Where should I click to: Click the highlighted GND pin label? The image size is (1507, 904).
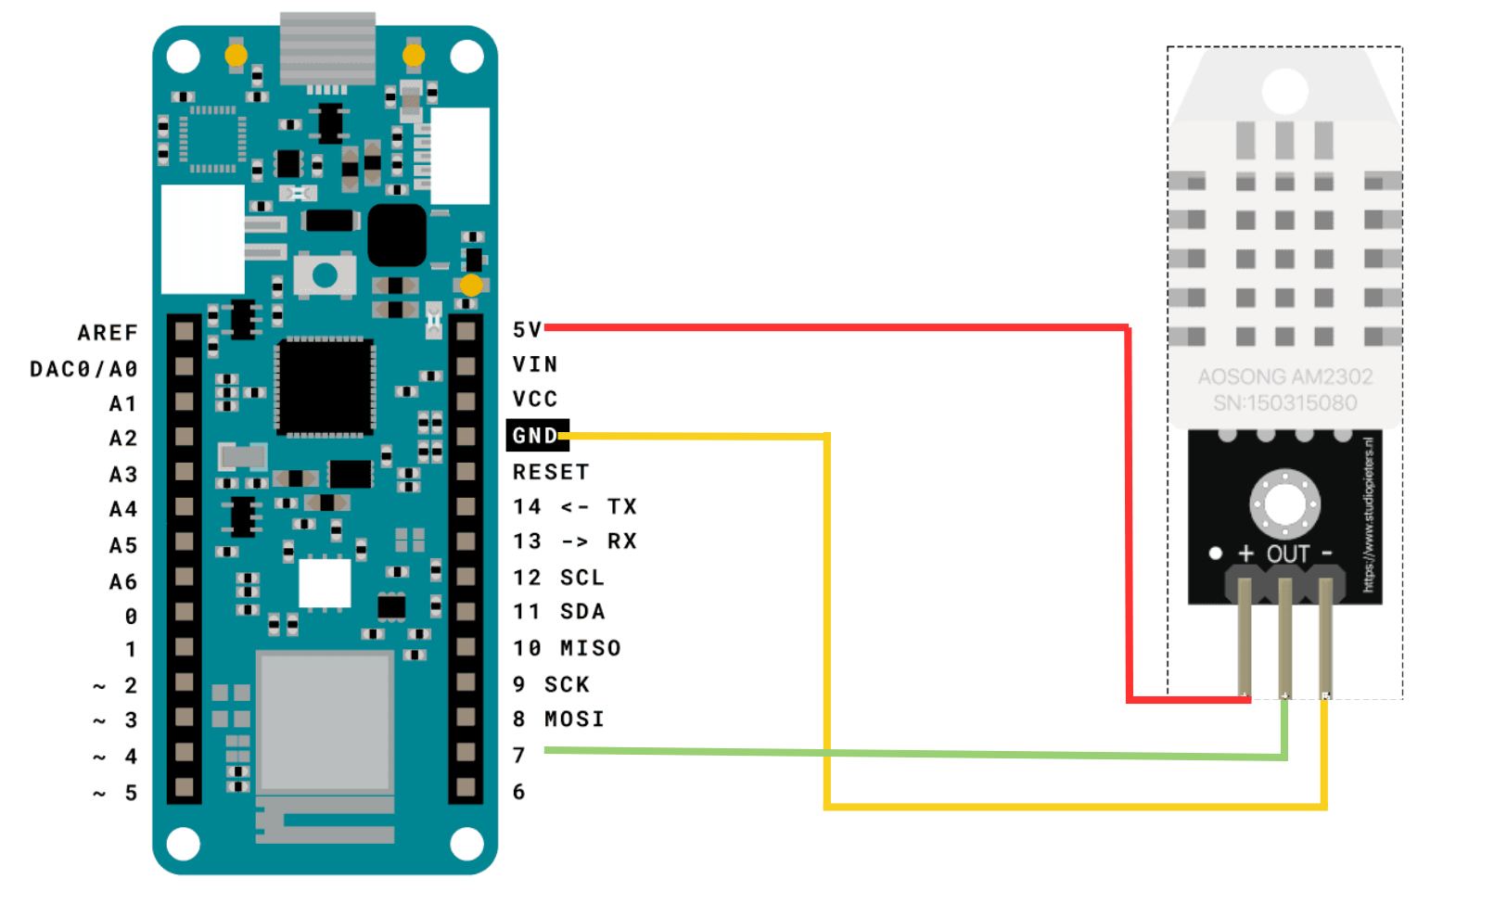click(x=536, y=436)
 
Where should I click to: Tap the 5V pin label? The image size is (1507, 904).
click(x=527, y=329)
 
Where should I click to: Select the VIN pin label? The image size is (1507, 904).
click(x=535, y=364)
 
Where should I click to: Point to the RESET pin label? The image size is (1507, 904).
click(x=551, y=472)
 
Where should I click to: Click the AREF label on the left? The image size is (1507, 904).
click(x=108, y=333)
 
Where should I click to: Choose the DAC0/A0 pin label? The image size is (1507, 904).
click(x=83, y=369)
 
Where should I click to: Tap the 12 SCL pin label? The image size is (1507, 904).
click(x=558, y=578)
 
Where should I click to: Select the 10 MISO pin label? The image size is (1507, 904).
click(x=567, y=648)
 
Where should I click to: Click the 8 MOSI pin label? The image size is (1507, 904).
click(x=558, y=719)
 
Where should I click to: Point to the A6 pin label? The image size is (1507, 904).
click(x=123, y=582)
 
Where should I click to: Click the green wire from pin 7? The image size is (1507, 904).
click(x=927, y=754)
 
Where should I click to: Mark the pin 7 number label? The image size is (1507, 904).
click(x=519, y=756)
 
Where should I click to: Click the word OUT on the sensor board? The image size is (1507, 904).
click(x=1288, y=554)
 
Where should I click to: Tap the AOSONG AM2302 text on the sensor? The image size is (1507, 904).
click(x=1284, y=376)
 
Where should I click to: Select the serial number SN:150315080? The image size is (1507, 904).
click(x=1284, y=403)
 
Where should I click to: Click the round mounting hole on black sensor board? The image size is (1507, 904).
click(x=1284, y=503)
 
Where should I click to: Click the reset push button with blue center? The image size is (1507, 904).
click(x=325, y=275)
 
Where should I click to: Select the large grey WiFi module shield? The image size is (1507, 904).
click(x=325, y=721)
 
